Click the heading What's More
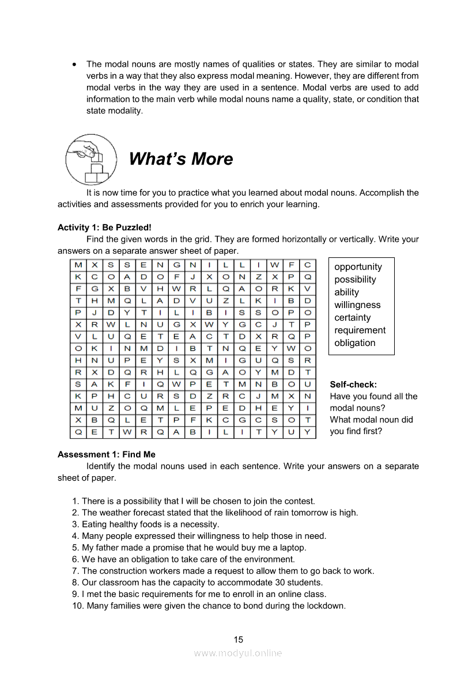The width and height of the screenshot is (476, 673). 181,159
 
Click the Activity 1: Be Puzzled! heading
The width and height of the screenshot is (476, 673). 104,227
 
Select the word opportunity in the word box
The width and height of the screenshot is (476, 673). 358,267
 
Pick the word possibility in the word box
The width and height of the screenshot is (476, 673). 355,279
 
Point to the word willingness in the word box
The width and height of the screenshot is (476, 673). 357,305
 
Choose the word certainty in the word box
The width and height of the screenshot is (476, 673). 353,317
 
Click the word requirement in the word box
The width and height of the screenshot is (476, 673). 360,330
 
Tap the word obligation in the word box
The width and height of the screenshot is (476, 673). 354,343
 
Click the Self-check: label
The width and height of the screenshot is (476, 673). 353,384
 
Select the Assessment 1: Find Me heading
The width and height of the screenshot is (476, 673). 107,454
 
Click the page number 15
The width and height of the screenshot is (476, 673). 239,639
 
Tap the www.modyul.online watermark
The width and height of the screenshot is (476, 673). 238,653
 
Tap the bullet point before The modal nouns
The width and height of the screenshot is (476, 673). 74,64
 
